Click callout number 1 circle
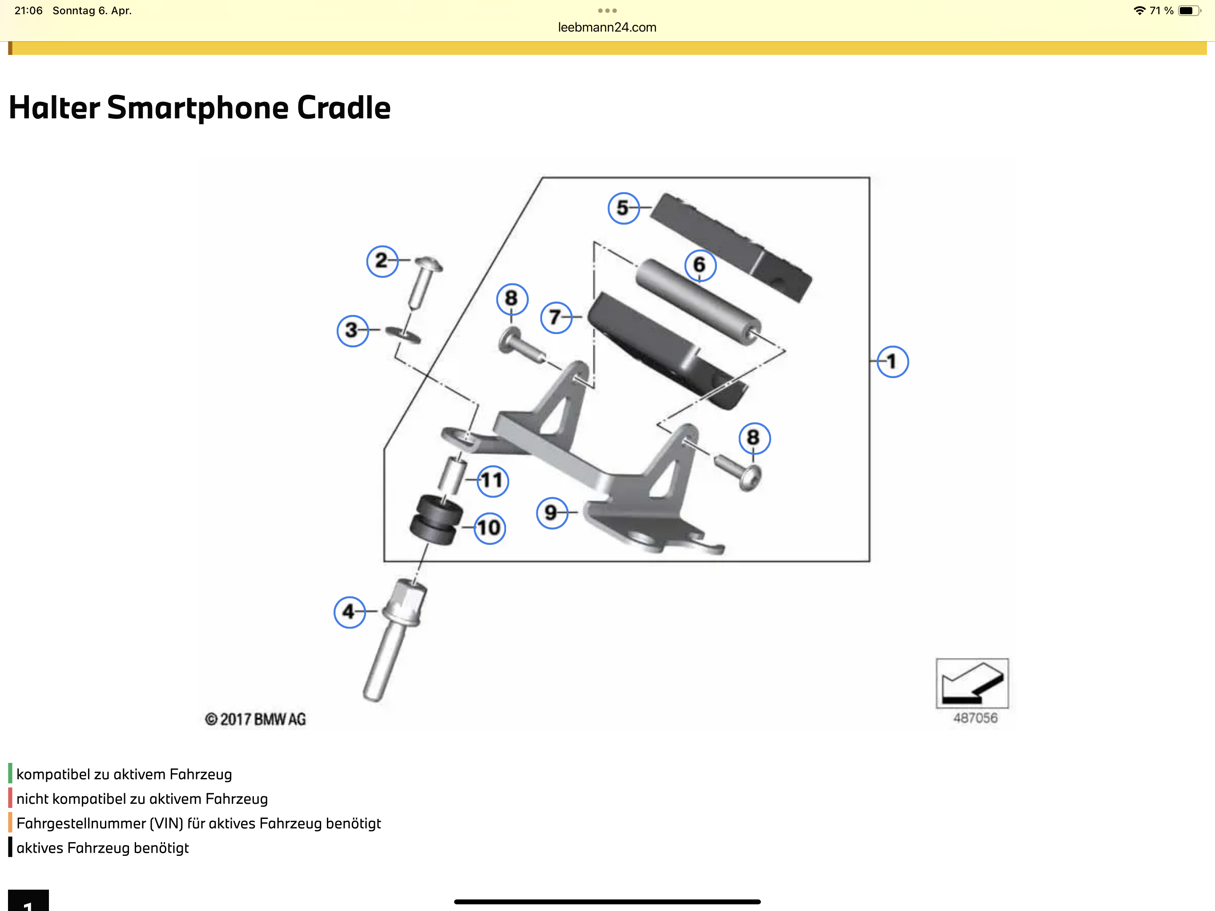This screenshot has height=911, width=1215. click(x=892, y=362)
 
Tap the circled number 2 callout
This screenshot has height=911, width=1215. click(x=382, y=261)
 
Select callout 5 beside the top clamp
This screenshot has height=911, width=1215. click(x=624, y=208)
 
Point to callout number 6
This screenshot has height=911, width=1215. click(x=700, y=265)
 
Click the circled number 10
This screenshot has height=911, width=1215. click(x=489, y=528)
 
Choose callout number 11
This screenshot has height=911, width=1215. click(x=492, y=481)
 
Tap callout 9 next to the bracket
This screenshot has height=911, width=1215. click(x=551, y=512)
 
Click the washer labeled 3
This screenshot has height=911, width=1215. click(x=402, y=334)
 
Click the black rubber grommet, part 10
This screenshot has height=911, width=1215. click(x=435, y=519)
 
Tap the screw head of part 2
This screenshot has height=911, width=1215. click(x=428, y=264)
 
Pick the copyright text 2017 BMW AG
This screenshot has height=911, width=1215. click(x=255, y=719)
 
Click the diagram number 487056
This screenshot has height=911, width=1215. click(x=975, y=718)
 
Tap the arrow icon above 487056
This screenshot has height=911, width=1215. click(x=972, y=683)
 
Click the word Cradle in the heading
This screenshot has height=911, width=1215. click(x=343, y=108)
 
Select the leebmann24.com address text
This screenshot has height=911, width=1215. click(x=607, y=28)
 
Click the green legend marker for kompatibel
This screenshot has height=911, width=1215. click(x=10, y=774)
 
